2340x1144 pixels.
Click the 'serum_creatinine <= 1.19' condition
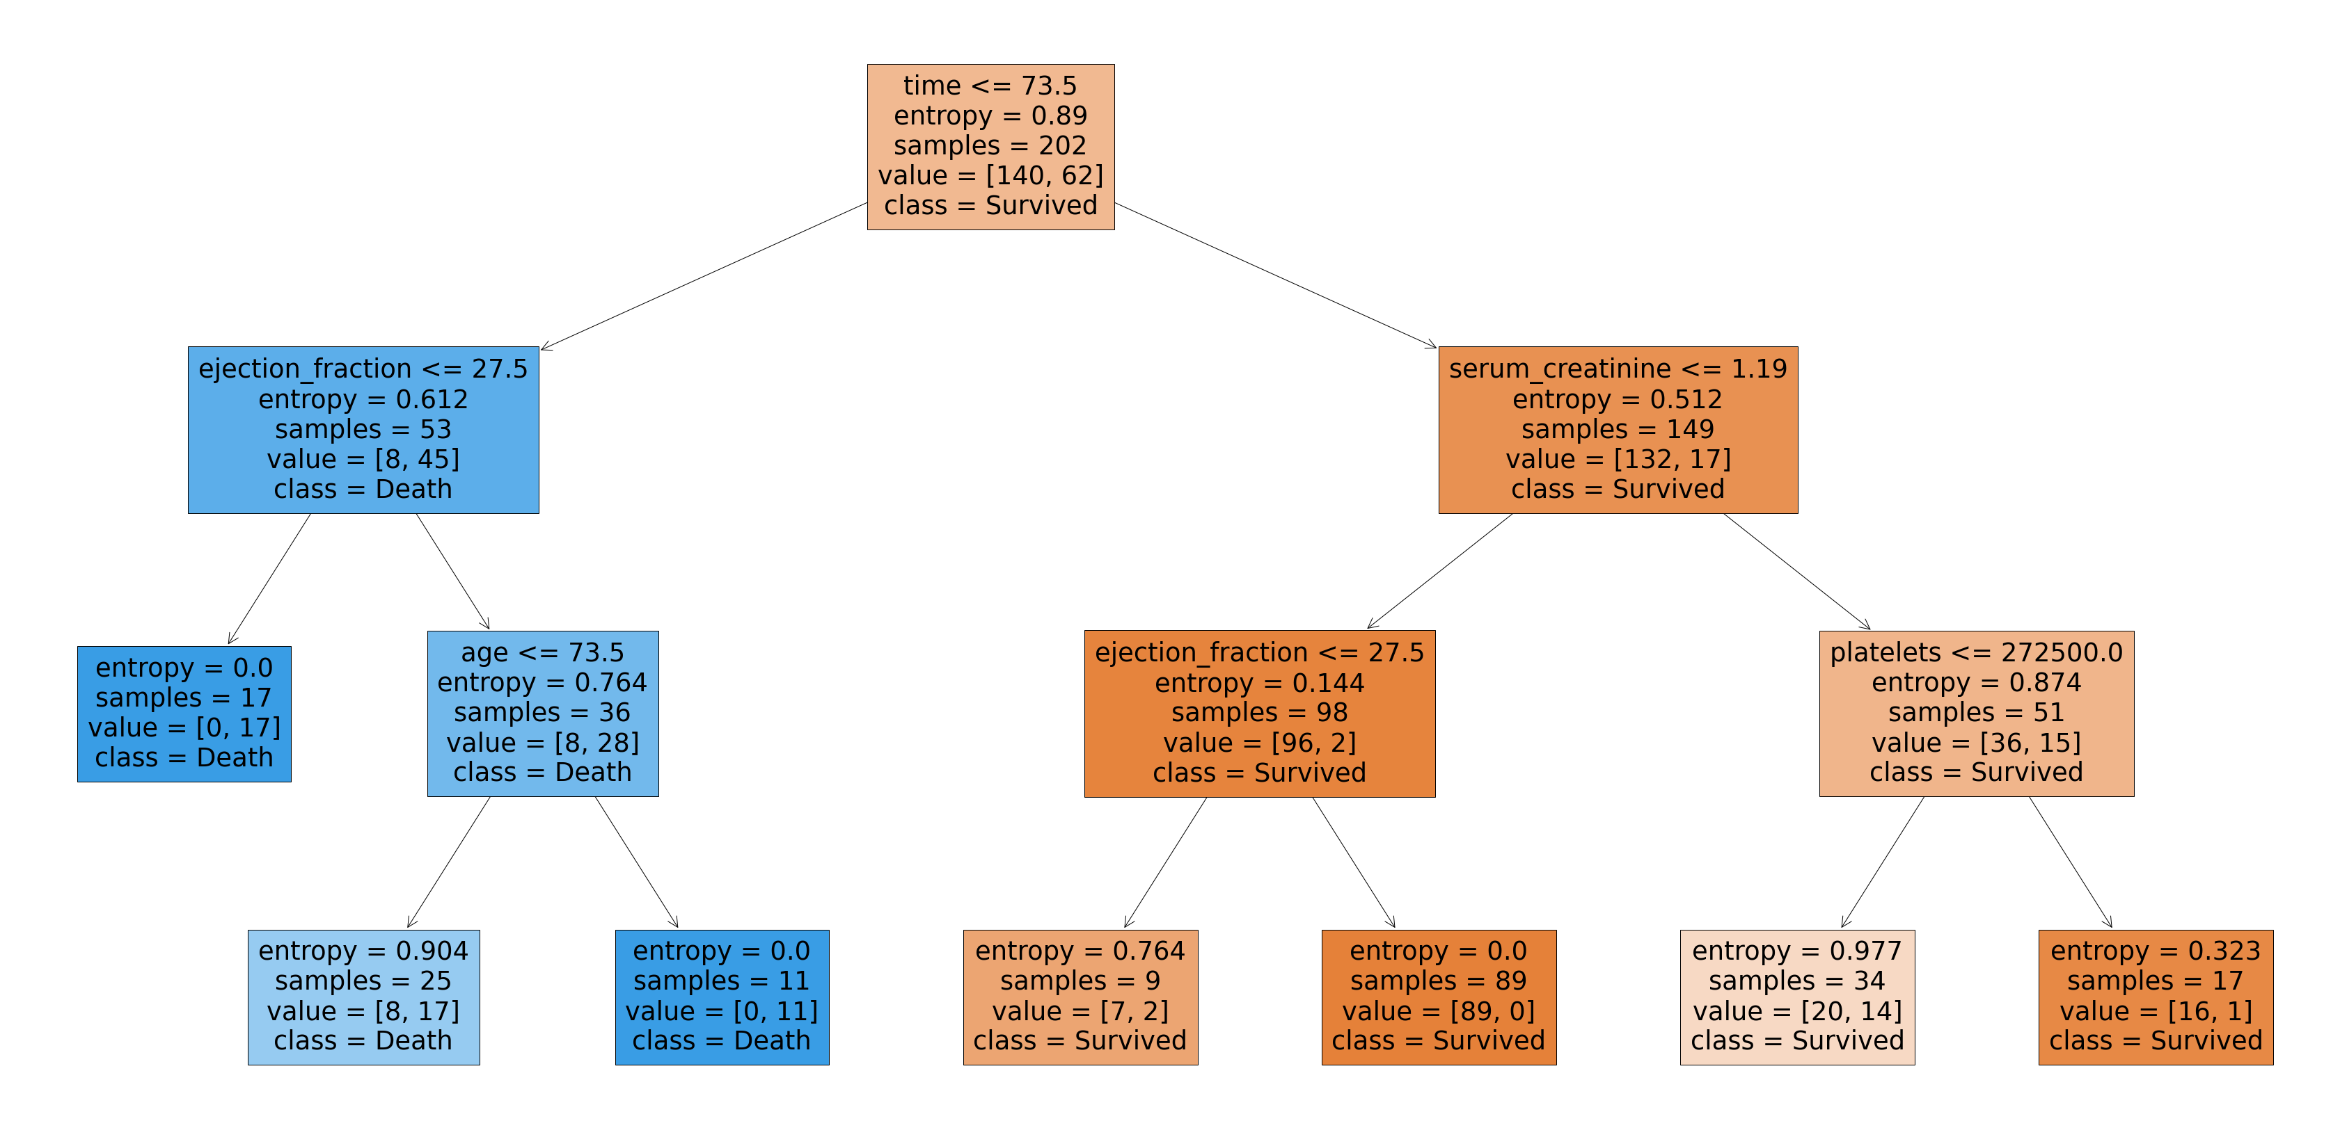[x=1617, y=369]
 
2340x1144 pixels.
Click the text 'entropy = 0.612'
[x=363, y=398]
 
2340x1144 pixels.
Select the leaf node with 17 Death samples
[x=184, y=714]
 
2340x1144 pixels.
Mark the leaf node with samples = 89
[x=1438, y=997]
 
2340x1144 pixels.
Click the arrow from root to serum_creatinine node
[x=1275, y=275]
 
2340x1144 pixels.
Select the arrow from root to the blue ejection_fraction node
[x=704, y=276]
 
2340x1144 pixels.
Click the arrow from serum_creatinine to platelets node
[x=1797, y=571]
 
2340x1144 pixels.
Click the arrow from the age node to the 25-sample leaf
[x=449, y=862]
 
